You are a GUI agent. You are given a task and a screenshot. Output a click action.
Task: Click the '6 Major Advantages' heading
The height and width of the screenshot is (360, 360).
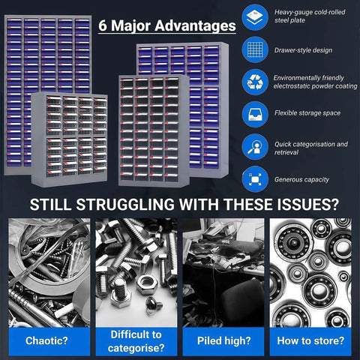coord(167,25)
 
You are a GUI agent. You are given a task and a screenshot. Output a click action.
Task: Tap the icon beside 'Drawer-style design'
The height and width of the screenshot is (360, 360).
coord(255,49)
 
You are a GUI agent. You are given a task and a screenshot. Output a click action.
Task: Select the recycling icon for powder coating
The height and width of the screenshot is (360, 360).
coord(255,82)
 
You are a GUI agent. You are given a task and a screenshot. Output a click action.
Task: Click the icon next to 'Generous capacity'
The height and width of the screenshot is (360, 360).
coord(255,179)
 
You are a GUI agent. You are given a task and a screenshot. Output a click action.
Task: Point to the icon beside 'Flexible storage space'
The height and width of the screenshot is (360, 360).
coord(255,115)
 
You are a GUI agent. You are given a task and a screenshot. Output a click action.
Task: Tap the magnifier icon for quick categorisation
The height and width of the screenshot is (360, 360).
coord(255,147)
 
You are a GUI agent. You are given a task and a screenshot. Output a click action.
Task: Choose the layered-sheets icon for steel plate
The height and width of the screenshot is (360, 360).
coord(255,17)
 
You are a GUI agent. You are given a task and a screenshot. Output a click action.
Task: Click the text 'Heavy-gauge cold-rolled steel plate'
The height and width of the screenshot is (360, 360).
coord(310,16)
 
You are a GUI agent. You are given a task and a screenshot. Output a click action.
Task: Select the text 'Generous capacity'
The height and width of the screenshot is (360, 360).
coord(301,179)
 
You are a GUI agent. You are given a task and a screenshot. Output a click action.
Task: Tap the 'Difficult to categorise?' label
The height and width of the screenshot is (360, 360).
coord(136,341)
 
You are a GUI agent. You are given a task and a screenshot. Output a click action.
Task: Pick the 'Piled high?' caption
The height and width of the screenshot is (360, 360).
coord(223,341)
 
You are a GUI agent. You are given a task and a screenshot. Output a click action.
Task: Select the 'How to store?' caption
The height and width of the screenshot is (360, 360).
coord(310,341)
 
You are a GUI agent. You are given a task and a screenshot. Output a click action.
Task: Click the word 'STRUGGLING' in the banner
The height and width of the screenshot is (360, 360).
coord(125,205)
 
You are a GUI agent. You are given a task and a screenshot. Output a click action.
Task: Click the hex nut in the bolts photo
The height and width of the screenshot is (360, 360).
coord(147,284)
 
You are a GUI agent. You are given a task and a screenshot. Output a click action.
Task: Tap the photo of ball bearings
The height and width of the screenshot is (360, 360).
coord(310,273)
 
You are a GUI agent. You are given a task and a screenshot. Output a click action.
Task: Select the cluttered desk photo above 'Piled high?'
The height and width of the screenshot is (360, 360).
coord(223,273)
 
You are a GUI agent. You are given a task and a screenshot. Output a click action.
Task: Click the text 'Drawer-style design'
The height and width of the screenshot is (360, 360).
coord(303,50)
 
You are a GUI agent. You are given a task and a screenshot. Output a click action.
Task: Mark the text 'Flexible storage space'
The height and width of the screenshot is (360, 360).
coord(307,113)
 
